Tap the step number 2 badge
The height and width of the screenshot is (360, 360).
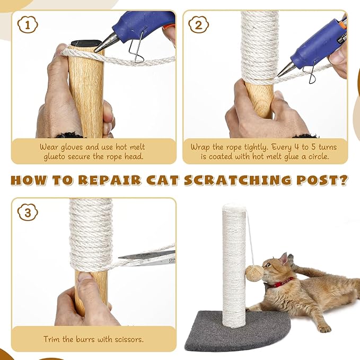point(198,24)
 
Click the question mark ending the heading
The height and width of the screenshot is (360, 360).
point(343,180)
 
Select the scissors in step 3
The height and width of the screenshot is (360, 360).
point(148,258)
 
